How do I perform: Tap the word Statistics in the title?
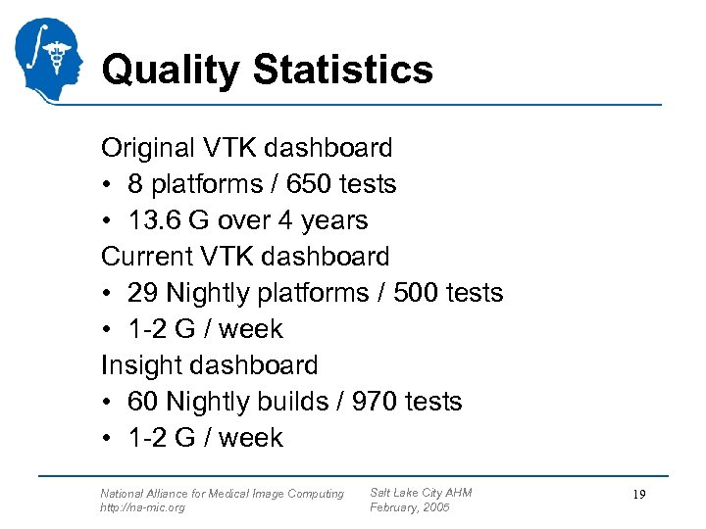click(342, 70)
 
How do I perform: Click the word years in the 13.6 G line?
click(333, 220)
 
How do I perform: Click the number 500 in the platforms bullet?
click(414, 293)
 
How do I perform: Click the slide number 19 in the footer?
click(638, 496)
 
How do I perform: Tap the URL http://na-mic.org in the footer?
click(142, 507)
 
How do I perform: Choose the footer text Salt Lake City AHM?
click(421, 493)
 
